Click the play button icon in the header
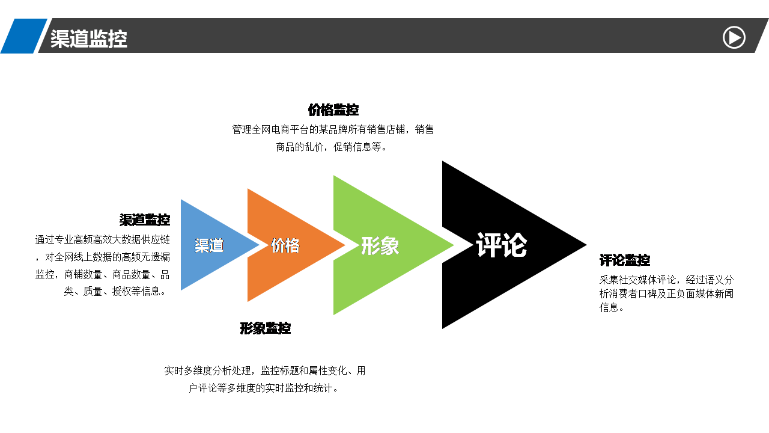734,37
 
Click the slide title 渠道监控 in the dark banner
89,38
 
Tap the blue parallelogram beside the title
23,35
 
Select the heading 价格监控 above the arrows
333,110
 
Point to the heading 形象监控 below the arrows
266,328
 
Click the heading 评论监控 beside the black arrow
625,260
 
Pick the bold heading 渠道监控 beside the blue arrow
145,220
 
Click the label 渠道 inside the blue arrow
209,245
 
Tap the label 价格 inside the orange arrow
285,245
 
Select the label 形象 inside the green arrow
380,246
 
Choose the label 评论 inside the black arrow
502,245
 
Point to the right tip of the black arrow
586,245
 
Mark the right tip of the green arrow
454,245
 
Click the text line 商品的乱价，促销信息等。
332,147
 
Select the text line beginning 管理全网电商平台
333,129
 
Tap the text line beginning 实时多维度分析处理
265,371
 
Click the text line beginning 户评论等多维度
264,388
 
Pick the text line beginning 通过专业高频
103,239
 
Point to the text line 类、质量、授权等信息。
115,292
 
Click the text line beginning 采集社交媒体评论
667,280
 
